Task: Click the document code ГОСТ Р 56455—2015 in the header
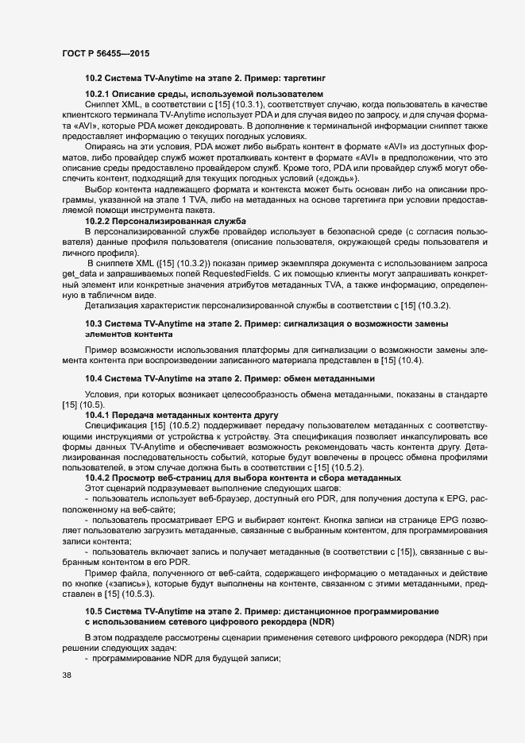click(105, 52)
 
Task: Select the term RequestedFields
click(234, 263)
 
